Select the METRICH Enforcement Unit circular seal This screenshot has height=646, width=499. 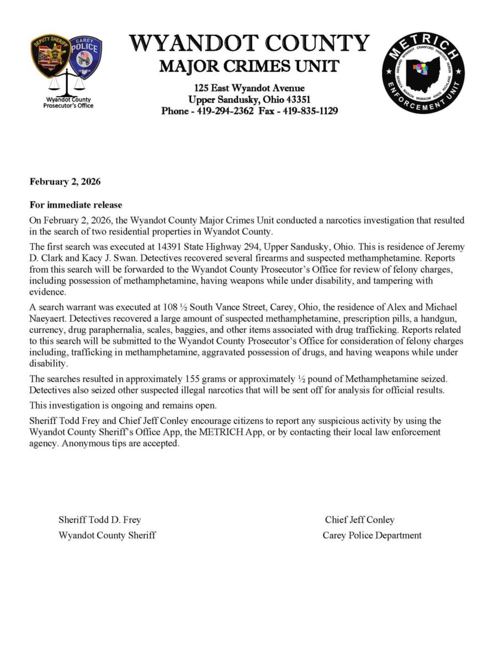point(423,72)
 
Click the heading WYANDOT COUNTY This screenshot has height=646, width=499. point(249,44)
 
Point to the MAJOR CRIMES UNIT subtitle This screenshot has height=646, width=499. point(249,67)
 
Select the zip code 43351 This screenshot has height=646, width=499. point(298,99)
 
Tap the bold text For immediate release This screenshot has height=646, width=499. point(76,205)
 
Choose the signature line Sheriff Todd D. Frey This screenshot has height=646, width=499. point(100,520)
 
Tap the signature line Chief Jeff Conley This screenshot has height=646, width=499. point(359,520)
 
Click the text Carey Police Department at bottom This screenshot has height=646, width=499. point(372,535)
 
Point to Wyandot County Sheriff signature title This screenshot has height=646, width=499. point(107,535)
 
